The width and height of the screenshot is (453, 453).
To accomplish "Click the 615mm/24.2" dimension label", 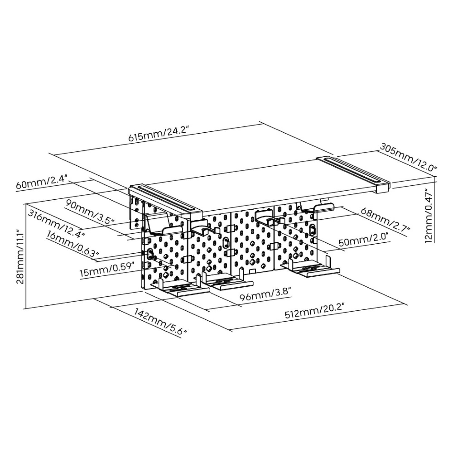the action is tap(159, 134).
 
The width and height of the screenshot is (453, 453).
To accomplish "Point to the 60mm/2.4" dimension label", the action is tap(42, 182).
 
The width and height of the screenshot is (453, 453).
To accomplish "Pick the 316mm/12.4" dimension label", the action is tap(56, 224).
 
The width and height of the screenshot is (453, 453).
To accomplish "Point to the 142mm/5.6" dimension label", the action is tap(161, 322).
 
